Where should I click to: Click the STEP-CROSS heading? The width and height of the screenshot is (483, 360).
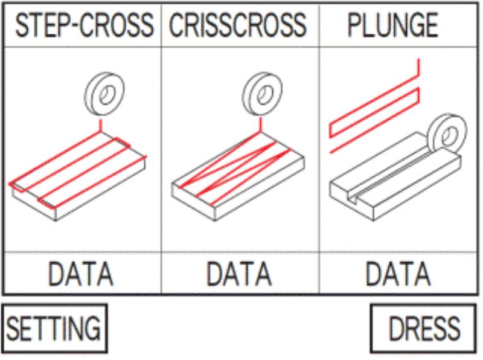tap(84, 25)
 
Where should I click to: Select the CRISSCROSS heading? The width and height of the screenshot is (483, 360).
tap(238, 25)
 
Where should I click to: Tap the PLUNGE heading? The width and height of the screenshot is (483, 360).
tap(393, 25)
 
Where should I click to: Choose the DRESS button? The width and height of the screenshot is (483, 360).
tap(423, 328)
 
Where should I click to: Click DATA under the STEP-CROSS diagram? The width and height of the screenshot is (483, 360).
tap(81, 274)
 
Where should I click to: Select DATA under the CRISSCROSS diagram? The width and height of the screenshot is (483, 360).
tap(239, 274)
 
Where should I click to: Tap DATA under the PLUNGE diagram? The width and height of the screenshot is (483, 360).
tap(398, 274)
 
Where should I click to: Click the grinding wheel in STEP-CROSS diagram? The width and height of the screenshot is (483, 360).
tap(104, 94)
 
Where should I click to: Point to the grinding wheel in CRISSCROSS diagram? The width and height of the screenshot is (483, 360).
tap(262, 94)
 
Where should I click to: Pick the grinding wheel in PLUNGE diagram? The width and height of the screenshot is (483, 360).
tap(447, 134)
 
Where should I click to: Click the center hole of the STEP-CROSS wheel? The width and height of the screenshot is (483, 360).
tap(107, 94)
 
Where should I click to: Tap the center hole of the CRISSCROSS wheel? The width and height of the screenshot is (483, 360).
tap(264, 94)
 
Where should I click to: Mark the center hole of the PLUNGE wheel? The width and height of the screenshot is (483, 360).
tap(449, 135)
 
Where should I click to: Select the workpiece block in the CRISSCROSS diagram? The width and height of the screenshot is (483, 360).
tap(238, 176)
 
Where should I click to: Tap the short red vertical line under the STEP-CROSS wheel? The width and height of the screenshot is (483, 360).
tap(100, 125)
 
